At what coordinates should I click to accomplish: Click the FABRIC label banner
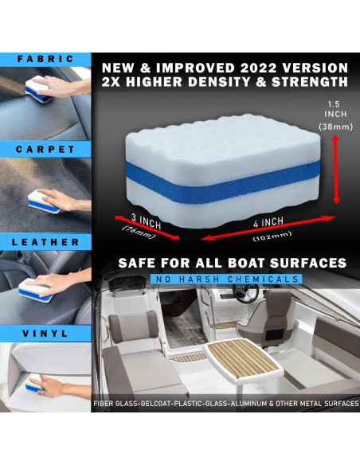[x=45, y=59]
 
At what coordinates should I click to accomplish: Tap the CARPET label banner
[x=45, y=150]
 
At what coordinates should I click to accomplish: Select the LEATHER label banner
[x=45, y=242]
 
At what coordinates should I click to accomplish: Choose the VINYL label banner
[x=45, y=334]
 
